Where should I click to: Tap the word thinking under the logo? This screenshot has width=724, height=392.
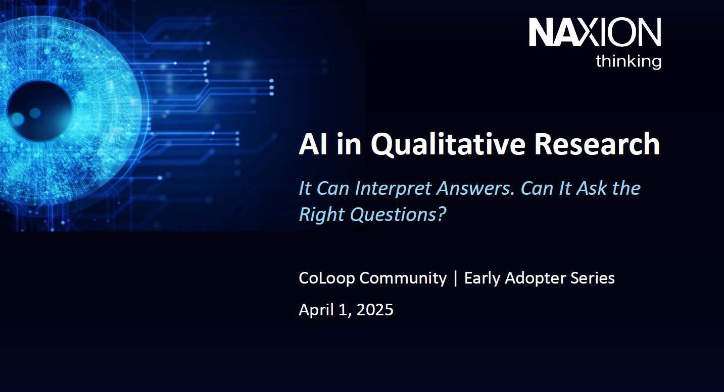[628, 62]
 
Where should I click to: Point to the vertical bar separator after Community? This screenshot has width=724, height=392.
[456, 278]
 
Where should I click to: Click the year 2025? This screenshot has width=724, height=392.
[375, 309]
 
